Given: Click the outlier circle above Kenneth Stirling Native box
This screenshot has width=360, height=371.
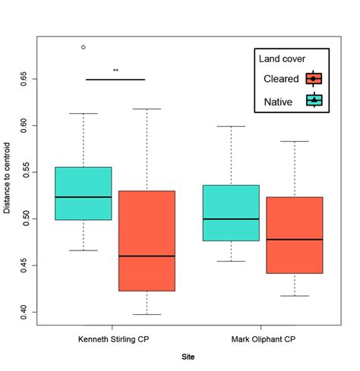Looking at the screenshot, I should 84,47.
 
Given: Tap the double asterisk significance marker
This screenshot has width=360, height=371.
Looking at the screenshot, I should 115,71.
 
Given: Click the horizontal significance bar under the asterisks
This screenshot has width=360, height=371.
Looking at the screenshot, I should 115,79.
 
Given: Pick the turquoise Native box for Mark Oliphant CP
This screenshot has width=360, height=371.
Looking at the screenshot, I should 231,212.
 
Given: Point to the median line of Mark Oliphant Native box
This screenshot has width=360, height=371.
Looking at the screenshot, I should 231,219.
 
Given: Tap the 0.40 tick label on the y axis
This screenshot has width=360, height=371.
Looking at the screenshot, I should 24,311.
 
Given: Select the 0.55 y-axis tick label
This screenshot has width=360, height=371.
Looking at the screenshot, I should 24,172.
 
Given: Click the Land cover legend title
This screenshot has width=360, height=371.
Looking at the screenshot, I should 283,58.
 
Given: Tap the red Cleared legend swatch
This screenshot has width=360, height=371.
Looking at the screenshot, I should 314,78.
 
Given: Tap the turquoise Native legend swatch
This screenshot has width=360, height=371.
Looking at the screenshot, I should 314,99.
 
